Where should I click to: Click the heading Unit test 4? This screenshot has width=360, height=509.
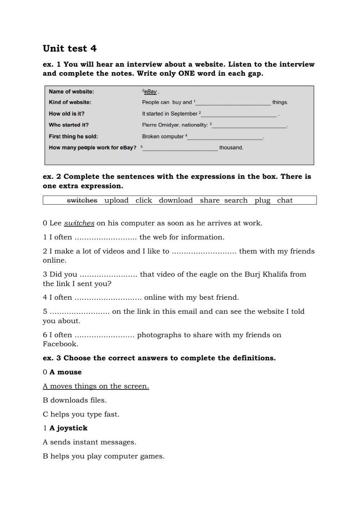click(69, 49)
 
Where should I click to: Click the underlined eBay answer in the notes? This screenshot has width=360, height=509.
click(150, 91)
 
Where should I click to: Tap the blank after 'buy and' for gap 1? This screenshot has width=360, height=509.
click(233, 103)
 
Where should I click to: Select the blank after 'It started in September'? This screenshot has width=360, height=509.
click(239, 114)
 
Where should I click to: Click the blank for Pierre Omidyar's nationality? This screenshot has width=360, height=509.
click(250, 125)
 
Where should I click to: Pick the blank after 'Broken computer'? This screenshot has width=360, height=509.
click(226, 137)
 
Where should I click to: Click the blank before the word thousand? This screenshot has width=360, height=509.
click(180, 148)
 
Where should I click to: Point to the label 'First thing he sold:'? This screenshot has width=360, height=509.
click(73, 137)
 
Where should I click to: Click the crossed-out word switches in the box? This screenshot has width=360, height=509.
click(82, 200)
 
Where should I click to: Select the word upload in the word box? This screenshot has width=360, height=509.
click(116, 200)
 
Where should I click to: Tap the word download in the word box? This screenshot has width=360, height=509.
click(176, 200)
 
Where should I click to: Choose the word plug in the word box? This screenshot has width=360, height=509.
click(262, 200)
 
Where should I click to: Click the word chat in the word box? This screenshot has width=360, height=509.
click(285, 200)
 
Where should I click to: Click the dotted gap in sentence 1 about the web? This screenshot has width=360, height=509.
click(105, 238)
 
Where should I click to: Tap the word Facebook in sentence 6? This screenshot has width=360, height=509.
click(60, 344)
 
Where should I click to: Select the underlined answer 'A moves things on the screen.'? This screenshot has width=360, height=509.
click(96, 386)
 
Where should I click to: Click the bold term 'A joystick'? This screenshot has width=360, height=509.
click(68, 428)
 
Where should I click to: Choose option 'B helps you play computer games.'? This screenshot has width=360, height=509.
click(104, 456)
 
